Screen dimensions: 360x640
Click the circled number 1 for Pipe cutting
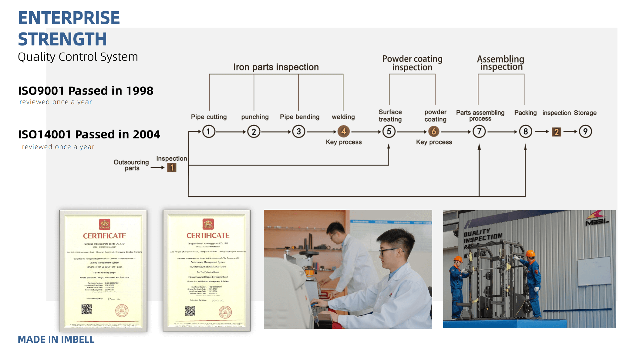pos(209,132)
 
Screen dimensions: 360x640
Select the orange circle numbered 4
pos(344,132)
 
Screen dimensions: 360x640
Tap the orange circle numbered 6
pos(434,132)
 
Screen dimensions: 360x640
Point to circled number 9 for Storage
pos(585,132)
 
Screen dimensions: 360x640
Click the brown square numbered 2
pos(556,132)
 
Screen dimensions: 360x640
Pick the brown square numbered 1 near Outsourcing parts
pos(172,168)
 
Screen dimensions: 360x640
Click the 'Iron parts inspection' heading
pos(276,67)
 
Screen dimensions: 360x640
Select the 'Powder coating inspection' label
pos(412,63)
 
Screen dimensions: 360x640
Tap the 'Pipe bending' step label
pos(299,117)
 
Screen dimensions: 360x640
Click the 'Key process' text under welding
pos(344,142)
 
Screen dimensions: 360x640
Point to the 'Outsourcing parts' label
pos(131,165)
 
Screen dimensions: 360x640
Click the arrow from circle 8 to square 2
pos(542,132)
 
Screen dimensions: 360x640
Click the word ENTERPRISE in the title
pos(69,18)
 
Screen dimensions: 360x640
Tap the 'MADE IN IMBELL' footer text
pos(56,339)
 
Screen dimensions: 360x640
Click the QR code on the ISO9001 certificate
pos(86,309)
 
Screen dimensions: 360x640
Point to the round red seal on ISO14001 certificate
pos(225,312)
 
